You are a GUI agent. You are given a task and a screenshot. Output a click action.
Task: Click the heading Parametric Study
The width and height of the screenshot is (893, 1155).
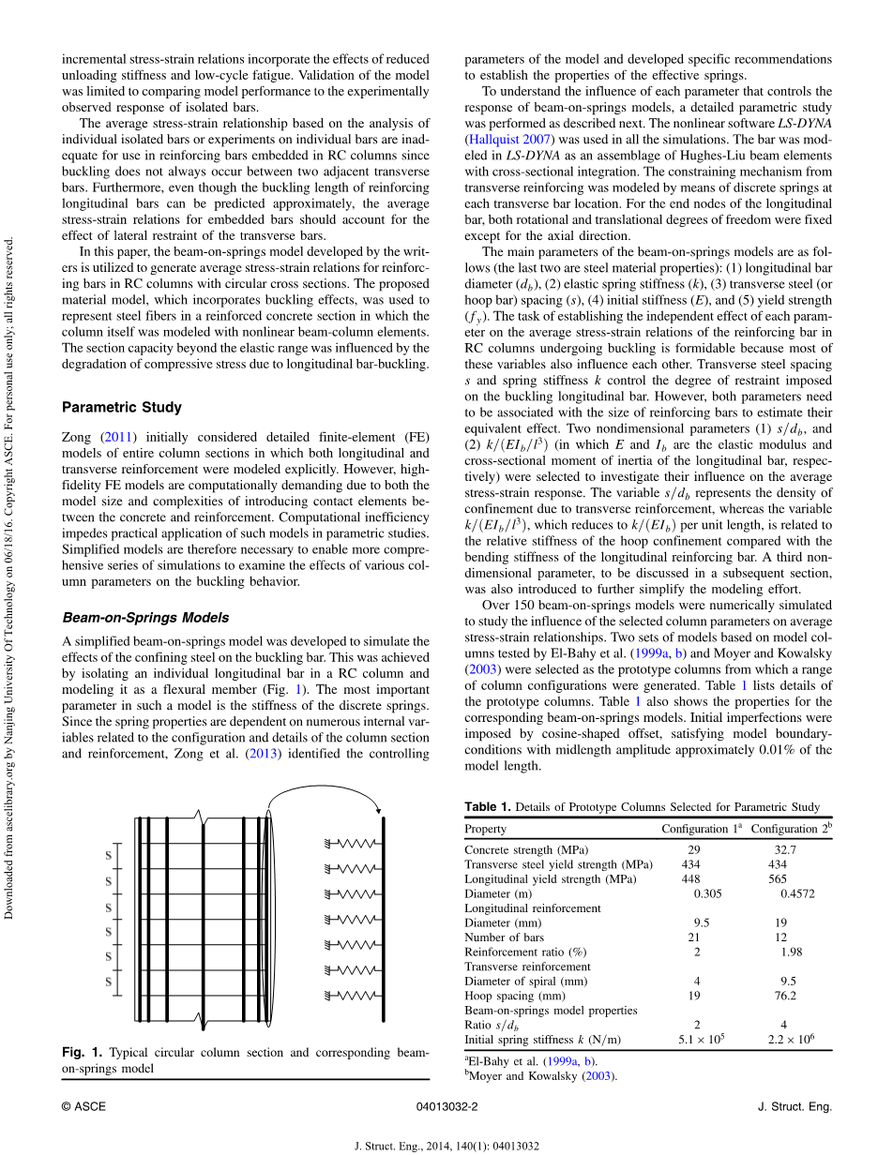pos(122,408)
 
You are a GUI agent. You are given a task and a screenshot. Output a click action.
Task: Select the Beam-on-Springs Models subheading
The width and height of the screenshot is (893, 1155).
pos(145,618)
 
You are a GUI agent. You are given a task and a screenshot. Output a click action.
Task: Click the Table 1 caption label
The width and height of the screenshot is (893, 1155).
pos(488,807)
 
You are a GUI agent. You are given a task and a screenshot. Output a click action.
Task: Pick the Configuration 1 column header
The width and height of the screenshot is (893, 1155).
pos(702,829)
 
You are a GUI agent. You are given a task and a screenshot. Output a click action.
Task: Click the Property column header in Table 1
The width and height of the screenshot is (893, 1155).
pos(485,829)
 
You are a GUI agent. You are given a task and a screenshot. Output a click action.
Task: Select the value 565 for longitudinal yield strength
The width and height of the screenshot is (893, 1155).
pos(778,879)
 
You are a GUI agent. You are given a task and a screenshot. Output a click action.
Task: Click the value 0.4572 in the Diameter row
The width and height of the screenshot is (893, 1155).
pos(797,893)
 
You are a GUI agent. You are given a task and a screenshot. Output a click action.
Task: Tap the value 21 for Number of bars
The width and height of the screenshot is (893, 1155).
pos(694,937)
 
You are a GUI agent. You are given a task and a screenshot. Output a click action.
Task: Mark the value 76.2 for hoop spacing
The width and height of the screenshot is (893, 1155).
pos(784,996)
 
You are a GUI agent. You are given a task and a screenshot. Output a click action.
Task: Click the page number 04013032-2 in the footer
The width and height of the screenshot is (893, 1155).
pos(446,1107)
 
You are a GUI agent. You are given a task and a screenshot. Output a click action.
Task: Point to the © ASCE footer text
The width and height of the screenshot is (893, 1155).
pos(83,1107)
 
